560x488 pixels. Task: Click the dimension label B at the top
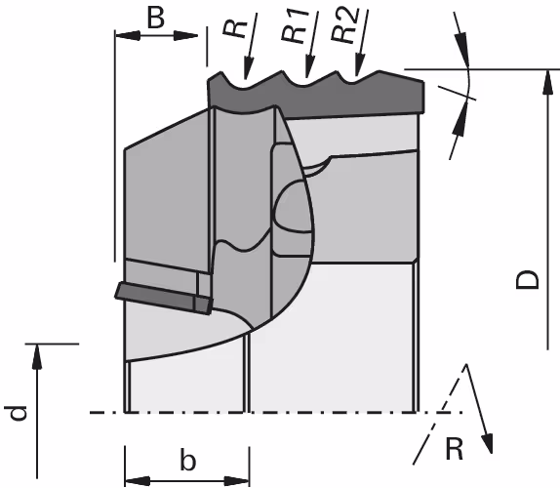pos(156,19)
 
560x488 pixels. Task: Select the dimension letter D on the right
pos(528,280)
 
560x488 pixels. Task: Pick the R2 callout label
pos(345,24)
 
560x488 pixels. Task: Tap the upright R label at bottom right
pos(455,449)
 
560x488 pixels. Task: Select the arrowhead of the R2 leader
pos(359,65)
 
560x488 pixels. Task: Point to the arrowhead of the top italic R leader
pos(247,68)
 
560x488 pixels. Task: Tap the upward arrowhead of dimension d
pos(37,356)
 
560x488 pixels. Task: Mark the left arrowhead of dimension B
pos(127,35)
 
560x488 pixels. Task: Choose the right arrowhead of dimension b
pos(237,481)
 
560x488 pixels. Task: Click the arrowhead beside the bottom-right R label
pos(488,443)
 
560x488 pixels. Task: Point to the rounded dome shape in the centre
pos(292,206)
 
